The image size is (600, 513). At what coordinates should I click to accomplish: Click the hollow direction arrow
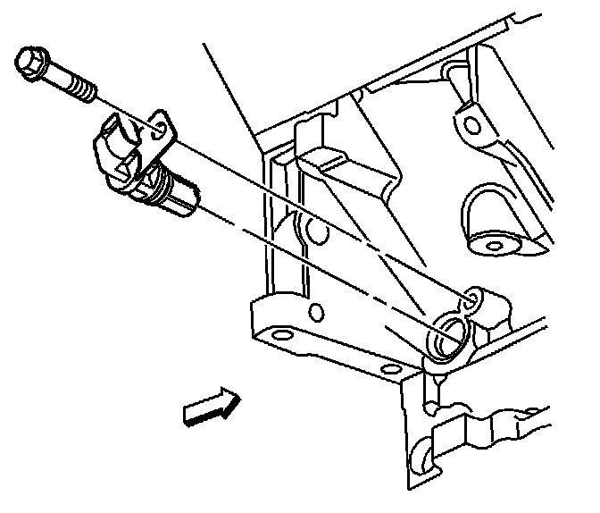coord(211,406)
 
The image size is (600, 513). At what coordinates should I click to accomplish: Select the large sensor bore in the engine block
coord(446,337)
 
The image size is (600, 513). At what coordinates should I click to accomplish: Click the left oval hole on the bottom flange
coord(282,337)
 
